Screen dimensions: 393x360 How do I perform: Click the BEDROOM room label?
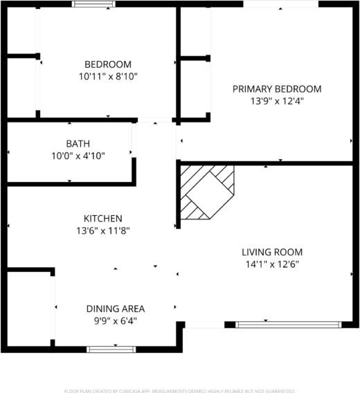pyautogui.click(x=108, y=64)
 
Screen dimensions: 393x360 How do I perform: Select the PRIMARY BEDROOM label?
pyautogui.click(x=277, y=89)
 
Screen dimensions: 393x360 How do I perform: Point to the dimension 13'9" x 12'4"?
pyautogui.click(x=277, y=100)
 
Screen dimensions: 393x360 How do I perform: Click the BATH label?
pyautogui.click(x=78, y=144)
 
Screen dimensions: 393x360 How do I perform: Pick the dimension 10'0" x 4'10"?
pyautogui.click(x=78, y=156)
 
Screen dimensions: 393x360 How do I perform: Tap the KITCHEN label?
pyautogui.click(x=103, y=218)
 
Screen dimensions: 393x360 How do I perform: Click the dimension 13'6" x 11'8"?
pyautogui.click(x=103, y=230)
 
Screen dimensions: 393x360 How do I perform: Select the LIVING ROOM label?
pyautogui.click(x=272, y=252)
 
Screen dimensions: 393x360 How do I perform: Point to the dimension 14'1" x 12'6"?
pyautogui.click(x=272, y=264)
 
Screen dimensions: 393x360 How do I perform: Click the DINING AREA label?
pyautogui.click(x=116, y=309)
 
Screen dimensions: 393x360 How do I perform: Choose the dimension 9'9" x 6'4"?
pyautogui.click(x=116, y=320)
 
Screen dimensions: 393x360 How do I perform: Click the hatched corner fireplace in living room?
pyautogui.click(x=208, y=191)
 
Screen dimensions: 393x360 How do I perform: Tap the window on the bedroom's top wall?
pyautogui.click(x=95, y=4)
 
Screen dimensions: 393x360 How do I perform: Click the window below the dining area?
pyautogui.click(x=107, y=349)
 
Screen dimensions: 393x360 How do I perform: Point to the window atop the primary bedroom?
pyautogui.click(x=280, y=4)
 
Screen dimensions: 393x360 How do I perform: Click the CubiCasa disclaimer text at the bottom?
pyautogui.click(x=180, y=390)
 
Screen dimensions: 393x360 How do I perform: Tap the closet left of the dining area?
pyautogui.click(x=29, y=309)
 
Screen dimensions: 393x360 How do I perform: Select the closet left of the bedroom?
pyautogui.click(x=21, y=86)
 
